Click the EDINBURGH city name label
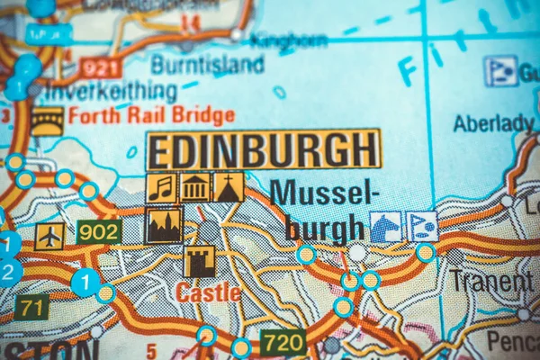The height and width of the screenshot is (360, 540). point(263,149)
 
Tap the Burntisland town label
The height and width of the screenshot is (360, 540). point(207,64)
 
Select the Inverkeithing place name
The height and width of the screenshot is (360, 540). point(112,91)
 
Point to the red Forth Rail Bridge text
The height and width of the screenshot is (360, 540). point(151,115)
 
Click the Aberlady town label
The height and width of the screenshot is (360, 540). point(492,123)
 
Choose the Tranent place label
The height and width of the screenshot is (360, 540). point(490,281)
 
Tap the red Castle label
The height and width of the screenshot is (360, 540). point(208,292)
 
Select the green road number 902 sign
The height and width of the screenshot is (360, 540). point(98,231)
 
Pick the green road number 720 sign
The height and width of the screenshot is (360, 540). point(283,341)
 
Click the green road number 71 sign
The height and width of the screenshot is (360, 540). point(31,307)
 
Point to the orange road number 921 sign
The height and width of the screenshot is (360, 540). point(100,67)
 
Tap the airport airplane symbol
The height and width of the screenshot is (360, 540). point(49,236)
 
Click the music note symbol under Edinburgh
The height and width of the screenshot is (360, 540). point(161,187)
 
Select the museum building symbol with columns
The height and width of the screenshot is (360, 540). point(194,187)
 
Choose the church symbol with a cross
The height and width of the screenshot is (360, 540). point(228,187)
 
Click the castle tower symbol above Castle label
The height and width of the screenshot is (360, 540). point(199,261)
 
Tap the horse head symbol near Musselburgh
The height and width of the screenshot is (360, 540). point(385,227)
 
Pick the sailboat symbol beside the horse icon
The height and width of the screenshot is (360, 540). point(421,227)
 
